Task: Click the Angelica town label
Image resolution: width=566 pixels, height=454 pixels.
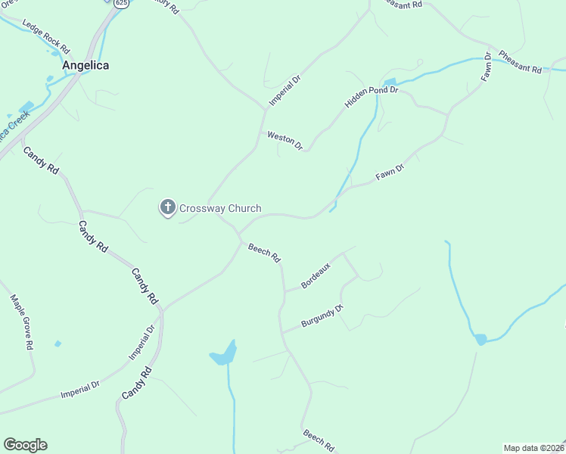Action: [x=86, y=65]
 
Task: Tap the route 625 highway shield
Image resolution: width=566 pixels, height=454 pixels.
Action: [x=122, y=3]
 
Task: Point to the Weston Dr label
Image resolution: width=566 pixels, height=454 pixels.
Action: [x=285, y=140]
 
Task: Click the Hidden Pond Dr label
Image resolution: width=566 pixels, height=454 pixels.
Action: [x=372, y=90]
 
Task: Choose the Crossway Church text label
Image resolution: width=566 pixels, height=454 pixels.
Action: [x=220, y=208]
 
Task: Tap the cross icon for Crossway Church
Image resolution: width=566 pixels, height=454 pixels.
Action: [x=167, y=207]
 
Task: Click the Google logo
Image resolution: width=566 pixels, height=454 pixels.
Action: [x=25, y=445]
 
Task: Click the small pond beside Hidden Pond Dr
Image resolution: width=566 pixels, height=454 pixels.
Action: [x=390, y=82]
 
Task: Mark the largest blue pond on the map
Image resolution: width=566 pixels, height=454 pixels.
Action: [x=224, y=354]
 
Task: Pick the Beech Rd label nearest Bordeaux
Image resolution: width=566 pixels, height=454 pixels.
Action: [x=265, y=253]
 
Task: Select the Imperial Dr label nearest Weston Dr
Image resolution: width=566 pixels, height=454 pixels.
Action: [x=285, y=92]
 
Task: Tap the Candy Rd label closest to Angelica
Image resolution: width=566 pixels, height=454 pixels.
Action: [x=41, y=161]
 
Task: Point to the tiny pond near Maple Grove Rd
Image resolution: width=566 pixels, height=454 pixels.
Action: [x=58, y=344]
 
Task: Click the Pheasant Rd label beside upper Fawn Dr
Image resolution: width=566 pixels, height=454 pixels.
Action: [x=520, y=63]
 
